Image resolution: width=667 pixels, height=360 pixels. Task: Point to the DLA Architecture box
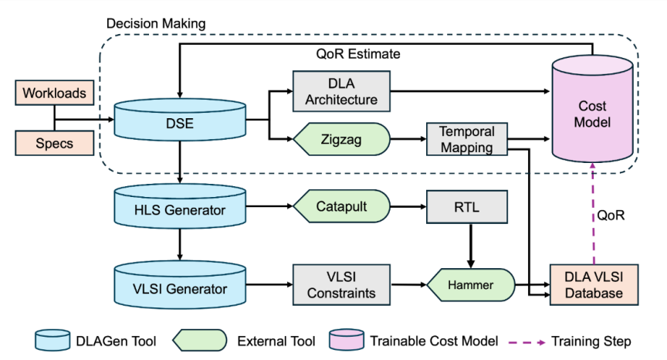coord(341,90)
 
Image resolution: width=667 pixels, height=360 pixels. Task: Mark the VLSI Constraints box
coord(341,285)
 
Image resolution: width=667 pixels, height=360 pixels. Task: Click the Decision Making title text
coord(155,23)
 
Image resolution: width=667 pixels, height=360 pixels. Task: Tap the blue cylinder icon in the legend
coord(53,339)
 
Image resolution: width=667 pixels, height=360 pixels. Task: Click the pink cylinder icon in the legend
coord(348,339)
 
